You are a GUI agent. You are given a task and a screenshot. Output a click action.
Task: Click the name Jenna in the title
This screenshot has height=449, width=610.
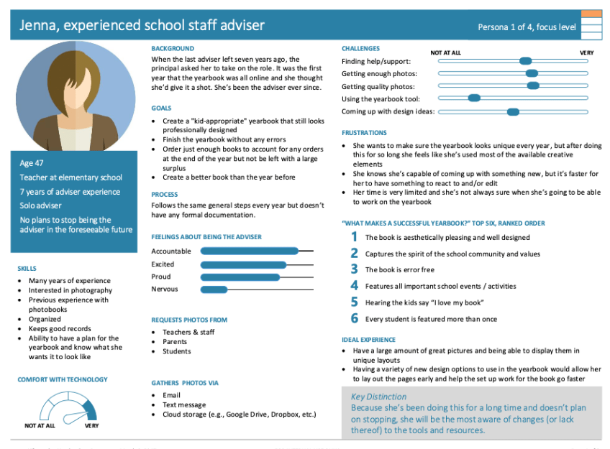(40, 27)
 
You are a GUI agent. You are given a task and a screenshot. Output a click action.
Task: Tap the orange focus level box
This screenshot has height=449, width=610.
(591, 14)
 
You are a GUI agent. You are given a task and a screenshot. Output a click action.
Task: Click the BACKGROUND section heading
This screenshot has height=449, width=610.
(173, 48)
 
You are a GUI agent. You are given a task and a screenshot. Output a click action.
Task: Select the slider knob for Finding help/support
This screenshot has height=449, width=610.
(525, 61)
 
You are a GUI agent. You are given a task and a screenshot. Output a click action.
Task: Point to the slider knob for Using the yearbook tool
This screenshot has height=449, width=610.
(473, 98)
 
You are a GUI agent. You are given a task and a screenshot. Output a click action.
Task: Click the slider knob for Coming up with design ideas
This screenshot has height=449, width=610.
(513, 111)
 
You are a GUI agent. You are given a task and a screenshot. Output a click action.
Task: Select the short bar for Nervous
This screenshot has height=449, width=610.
(214, 290)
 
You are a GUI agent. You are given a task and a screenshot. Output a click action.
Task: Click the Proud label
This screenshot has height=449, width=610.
(161, 277)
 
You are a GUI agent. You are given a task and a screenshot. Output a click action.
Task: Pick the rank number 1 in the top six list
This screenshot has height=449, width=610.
(354, 237)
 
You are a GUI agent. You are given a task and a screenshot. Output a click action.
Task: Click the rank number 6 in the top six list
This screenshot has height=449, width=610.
(354, 318)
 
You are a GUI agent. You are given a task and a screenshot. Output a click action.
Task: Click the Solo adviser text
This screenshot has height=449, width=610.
(41, 205)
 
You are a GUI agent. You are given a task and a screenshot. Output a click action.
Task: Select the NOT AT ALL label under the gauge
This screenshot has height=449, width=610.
(40, 425)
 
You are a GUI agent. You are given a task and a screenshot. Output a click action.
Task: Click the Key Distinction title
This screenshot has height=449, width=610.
(378, 397)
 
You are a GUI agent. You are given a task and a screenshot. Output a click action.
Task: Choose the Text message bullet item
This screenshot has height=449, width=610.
(183, 405)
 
